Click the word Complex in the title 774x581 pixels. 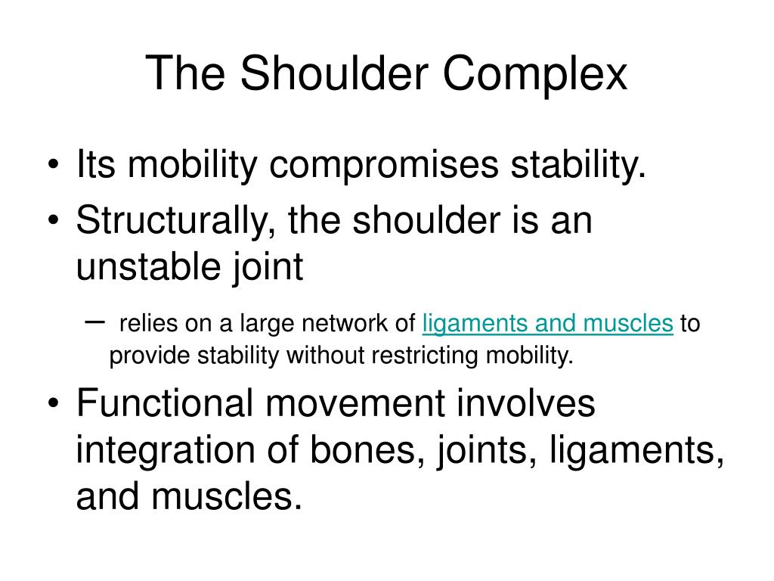point(534,76)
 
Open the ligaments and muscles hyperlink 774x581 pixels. point(547,324)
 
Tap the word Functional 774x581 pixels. point(165,403)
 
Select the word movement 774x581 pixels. point(349,403)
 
